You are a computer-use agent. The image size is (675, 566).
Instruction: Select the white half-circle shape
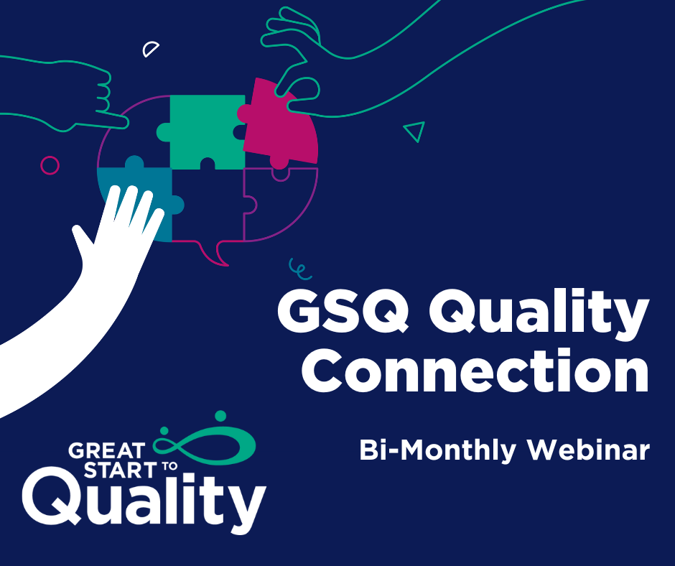point(150,50)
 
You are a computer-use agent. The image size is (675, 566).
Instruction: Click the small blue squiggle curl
point(299,269)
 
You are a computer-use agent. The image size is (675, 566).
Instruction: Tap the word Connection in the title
point(475,371)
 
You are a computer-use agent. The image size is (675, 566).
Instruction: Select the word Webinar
point(589,450)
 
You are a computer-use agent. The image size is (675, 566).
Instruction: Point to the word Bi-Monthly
point(437,450)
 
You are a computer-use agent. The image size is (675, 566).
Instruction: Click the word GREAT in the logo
point(106,451)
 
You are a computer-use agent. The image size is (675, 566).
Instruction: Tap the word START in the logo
point(120,470)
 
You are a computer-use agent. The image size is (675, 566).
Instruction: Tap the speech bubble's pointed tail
point(215,254)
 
